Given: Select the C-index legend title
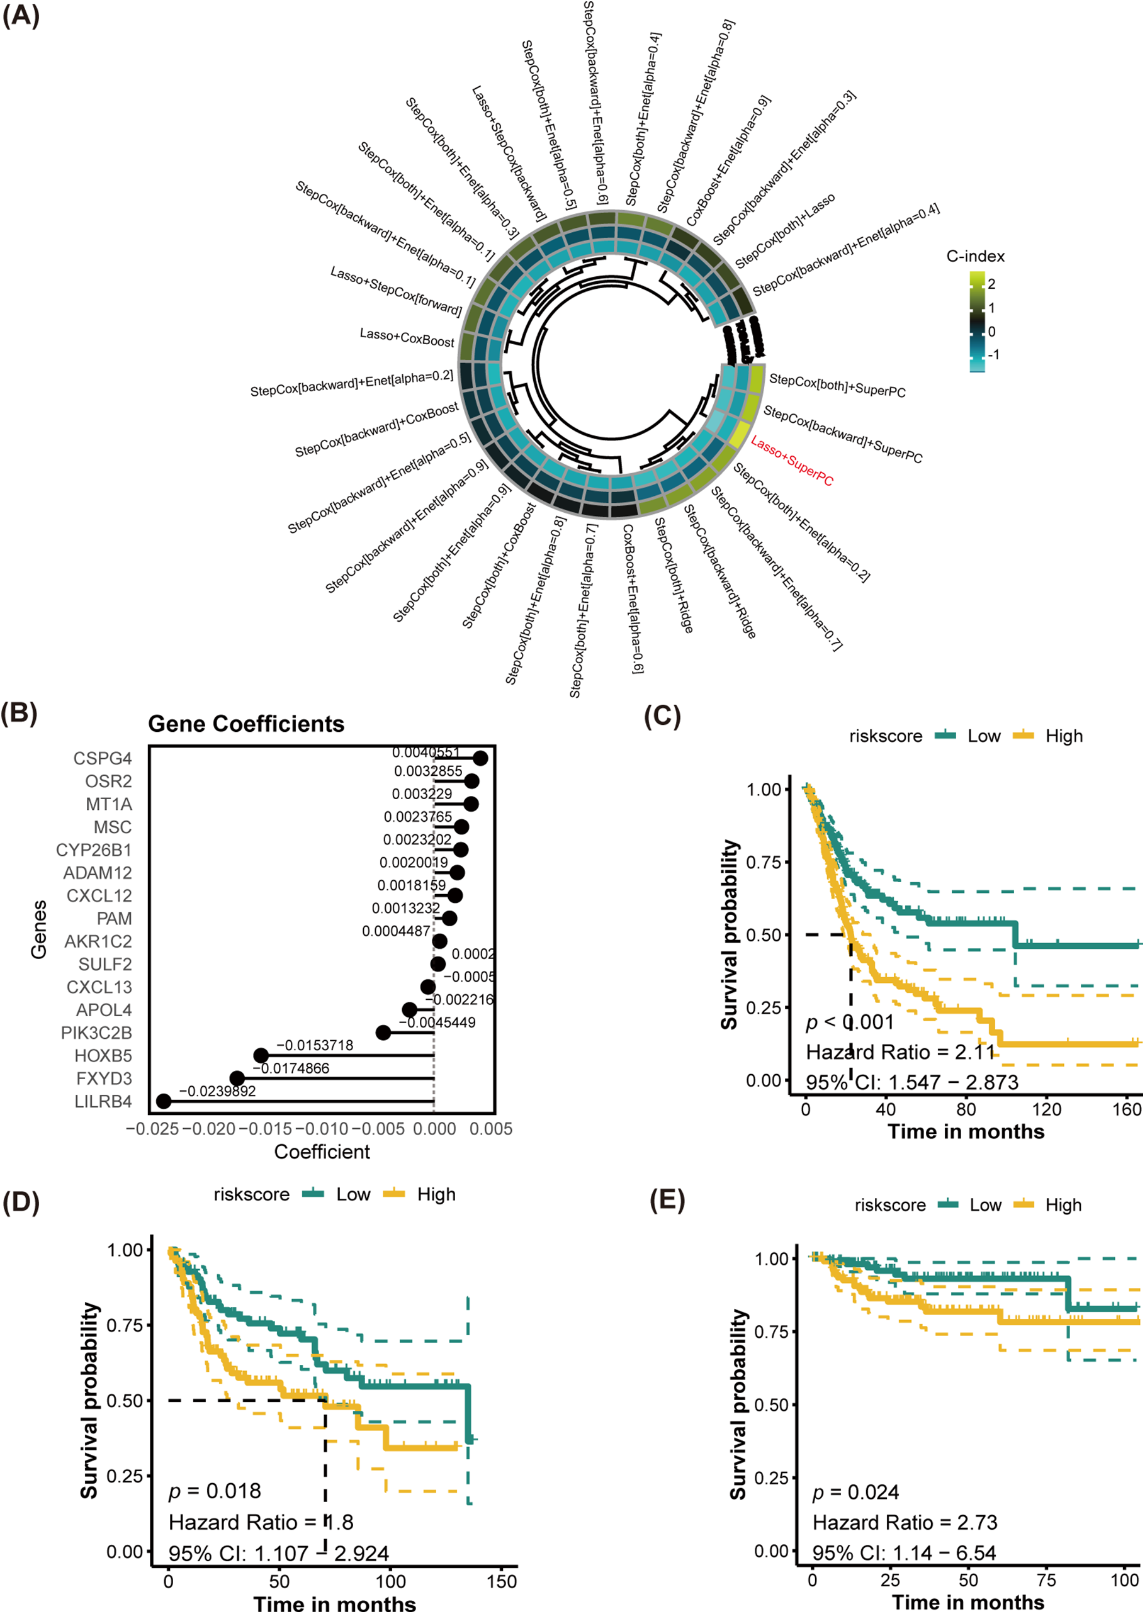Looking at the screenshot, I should coord(975,257).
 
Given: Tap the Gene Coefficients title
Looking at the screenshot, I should coord(246,724).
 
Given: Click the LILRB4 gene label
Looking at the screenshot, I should coord(103,1101).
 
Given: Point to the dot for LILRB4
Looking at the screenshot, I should coord(164,1101).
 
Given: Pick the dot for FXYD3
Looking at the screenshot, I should coord(237,1079).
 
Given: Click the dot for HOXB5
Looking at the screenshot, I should coord(261,1055).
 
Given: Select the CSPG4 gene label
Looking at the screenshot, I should coord(103,758).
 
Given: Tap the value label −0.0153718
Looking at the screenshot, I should coord(315,1045).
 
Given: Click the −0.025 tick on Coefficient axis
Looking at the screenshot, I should coord(152,1129).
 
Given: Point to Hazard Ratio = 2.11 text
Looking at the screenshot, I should coord(900,1052).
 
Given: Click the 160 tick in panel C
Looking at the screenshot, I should coord(1127,1109).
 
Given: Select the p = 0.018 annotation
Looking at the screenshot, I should coord(215,1491).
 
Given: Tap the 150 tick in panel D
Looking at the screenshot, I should coord(501,1581).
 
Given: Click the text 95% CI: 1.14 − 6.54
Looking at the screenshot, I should coord(904,1553).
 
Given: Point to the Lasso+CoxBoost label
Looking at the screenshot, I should coord(407,338).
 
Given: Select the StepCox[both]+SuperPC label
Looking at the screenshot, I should coord(837,385).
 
